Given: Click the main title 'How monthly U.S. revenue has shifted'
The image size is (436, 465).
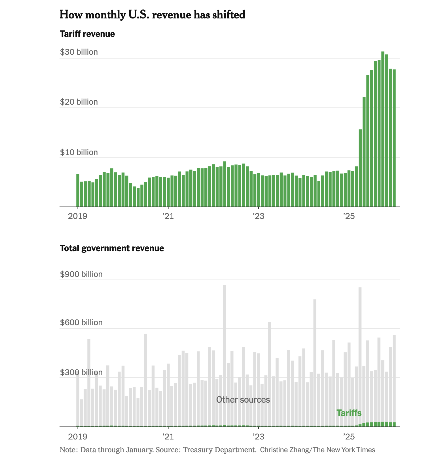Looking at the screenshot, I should pyautogui.click(x=152, y=15).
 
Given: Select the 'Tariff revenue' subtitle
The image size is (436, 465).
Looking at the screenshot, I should pyautogui.click(x=87, y=34).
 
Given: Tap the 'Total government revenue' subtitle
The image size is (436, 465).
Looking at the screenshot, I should pyautogui.click(x=112, y=248).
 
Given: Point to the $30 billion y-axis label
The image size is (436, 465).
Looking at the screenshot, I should pyautogui.click(x=79, y=52).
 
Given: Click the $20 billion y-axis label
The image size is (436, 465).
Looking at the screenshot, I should pyautogui.click(x=79, y=102).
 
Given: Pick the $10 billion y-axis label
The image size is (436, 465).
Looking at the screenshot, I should pyautogui.click(x=79, y=153).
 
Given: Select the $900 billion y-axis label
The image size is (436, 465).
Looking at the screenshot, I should pyautogui.click(x=81, y=274).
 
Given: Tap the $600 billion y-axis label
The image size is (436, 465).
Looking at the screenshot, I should pyautogui.click(x=81, y=322).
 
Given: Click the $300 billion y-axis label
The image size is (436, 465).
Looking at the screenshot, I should pyautogui.click(x=81, y=372).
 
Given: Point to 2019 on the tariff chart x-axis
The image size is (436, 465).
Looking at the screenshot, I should pyautogui.click(x=78, y=216).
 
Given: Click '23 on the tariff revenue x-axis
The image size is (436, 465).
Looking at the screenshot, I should pyautogui.click(x=258, y=216).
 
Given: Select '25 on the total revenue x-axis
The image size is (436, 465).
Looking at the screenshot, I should pyautogui.click(x=349, y=436).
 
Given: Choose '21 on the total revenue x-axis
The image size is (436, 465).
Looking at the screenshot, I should pyautogui.click(x=168, y=436).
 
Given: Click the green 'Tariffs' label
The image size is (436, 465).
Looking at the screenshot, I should pyautogui.click(x=349, y=413).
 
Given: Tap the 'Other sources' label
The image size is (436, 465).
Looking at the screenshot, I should pyautogui.click(x=243, y=400).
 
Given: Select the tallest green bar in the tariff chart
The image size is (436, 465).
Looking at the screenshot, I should pyautogui.click(x=383, y=129).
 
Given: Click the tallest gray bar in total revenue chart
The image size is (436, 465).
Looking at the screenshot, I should pyautogui.click(x=224, y=354).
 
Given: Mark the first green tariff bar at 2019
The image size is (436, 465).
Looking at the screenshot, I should pyautogui.click(x=78, y=190).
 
